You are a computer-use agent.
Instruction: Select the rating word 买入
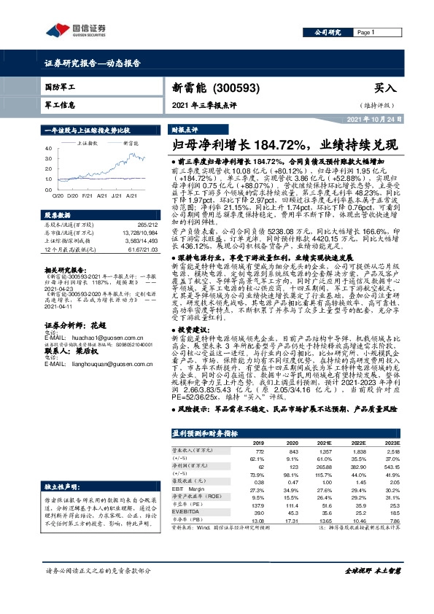[385, 88]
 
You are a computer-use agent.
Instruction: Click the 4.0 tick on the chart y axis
[49, 147]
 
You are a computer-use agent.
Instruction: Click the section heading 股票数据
[56, 216]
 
